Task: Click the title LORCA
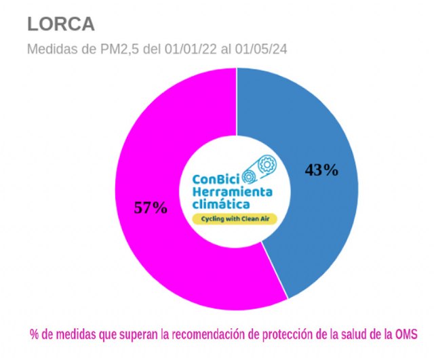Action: [60, 24]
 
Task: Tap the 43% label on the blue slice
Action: [321, 170]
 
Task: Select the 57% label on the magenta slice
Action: [150, 207]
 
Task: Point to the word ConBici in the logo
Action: [216, 180]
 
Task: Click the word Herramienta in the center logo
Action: [233, 192]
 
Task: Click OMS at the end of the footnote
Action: [403, 335]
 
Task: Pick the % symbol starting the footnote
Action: [34, 335]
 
